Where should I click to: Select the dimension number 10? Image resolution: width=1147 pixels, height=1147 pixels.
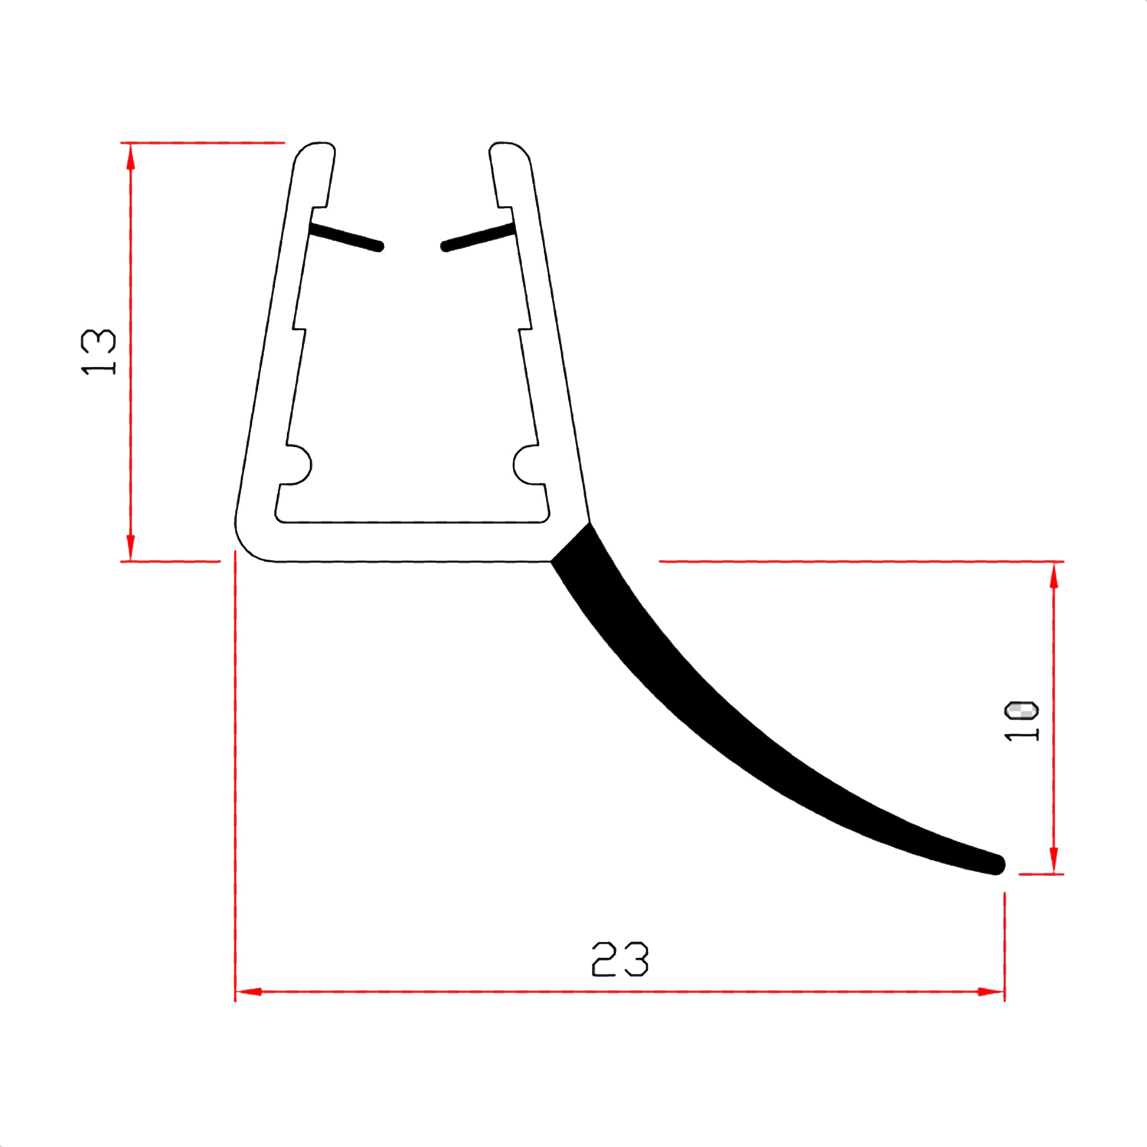(1020, 721)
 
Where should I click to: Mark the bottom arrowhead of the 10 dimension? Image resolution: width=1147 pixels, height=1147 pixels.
(1054, 861)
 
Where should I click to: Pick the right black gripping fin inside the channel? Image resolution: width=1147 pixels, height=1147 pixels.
(478, 236)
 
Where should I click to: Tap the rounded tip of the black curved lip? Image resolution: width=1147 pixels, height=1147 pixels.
(997, 864)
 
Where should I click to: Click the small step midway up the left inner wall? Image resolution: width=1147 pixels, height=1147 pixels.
(299, 329)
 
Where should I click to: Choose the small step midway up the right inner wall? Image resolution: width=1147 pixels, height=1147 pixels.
(525, 328)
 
